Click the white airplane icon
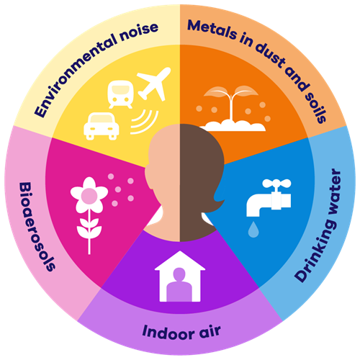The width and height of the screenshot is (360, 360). [x=153, y=84]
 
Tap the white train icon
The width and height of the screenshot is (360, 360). [x=120, y=94]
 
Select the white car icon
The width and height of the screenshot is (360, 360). [x=102, y=126]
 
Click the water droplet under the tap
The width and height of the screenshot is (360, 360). [x=253, y=230]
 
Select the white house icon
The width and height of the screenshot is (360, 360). [x=180, y=276]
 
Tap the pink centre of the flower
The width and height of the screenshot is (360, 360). [x=89, y=195]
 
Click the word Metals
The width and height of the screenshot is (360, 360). [x=212, y=30]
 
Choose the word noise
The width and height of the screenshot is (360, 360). [x=139, y=32]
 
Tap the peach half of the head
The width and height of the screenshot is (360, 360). [x=163, y=182]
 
